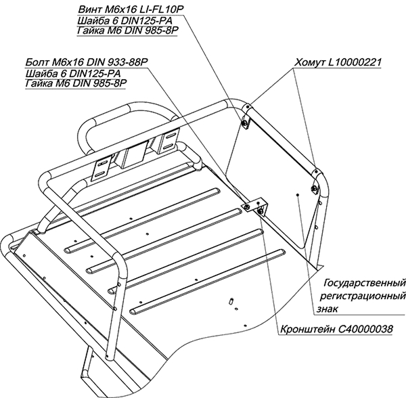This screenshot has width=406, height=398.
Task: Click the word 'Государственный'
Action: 365,282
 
